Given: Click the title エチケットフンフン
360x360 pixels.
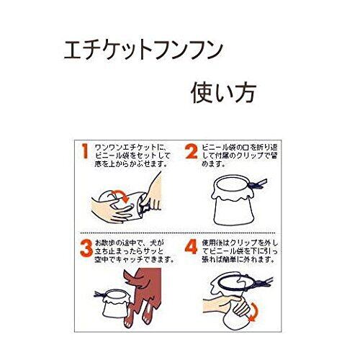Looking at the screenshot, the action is pos(143,50).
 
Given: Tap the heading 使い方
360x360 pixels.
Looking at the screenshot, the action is pos(223,93).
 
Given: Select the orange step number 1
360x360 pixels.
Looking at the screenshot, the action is pos(85,151).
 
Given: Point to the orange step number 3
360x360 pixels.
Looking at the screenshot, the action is pos(86,248).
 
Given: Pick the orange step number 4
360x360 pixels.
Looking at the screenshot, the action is pos(192,247).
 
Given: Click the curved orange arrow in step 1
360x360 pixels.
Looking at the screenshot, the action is pos(122,194).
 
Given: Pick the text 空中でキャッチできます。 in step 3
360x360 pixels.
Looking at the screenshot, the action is pos(134,260).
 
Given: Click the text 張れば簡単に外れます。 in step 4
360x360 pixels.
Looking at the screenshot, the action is pos(238,260).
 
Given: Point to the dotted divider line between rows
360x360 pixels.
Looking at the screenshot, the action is pos(178,233).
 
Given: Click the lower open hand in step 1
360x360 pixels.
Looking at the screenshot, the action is pos(113,211).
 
